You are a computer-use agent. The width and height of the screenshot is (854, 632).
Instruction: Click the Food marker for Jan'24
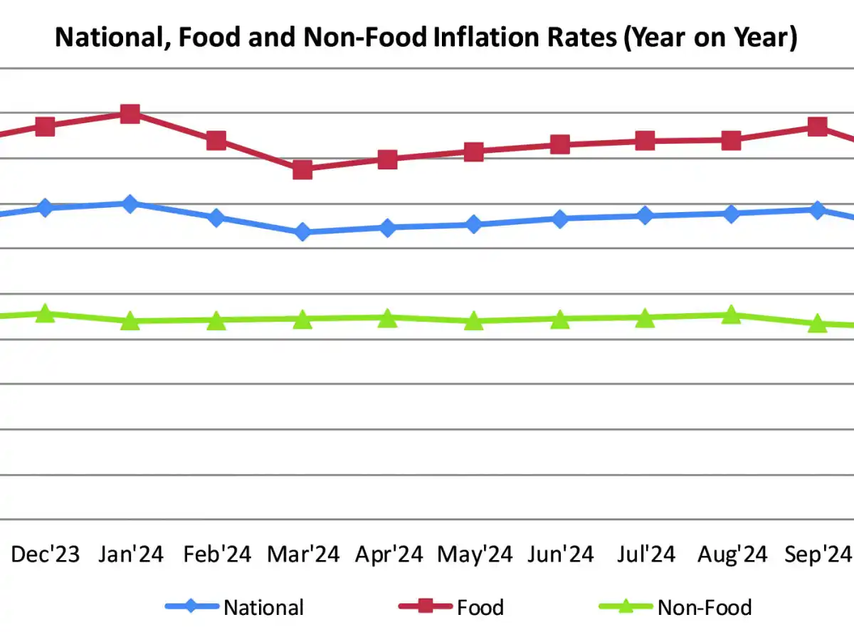click(130, 113)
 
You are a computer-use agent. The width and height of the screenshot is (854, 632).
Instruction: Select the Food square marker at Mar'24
click(302, 169)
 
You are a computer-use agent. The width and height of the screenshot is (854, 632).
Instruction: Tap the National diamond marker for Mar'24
click(302, 232)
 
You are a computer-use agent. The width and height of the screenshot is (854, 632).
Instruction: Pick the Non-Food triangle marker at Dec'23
click(45, 313)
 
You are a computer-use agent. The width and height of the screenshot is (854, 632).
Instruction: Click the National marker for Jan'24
click(130, 204)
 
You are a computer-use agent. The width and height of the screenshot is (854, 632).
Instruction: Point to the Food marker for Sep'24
click(818, 127)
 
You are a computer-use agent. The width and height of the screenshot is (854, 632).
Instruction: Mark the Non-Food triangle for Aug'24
click(731, 315)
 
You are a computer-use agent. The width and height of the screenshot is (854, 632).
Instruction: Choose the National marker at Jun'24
click(560, 218)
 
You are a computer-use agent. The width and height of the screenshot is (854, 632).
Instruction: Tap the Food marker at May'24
click(474, 152)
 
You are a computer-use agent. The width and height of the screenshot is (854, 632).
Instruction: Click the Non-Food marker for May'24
click(474, 321)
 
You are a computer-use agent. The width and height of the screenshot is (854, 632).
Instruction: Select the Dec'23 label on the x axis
click(46, 554)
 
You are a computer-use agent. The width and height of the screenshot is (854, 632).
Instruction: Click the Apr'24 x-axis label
click(389, 554)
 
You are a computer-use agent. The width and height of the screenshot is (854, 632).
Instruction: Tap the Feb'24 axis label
click(217, 554)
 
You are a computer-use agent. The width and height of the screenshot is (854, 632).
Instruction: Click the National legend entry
click(263, 607)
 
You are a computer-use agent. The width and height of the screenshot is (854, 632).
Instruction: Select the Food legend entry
click(480, 607)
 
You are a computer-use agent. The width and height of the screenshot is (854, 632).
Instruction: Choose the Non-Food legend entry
click(705, 607)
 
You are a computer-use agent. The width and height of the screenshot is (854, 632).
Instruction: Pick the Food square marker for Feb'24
click(216, 140)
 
